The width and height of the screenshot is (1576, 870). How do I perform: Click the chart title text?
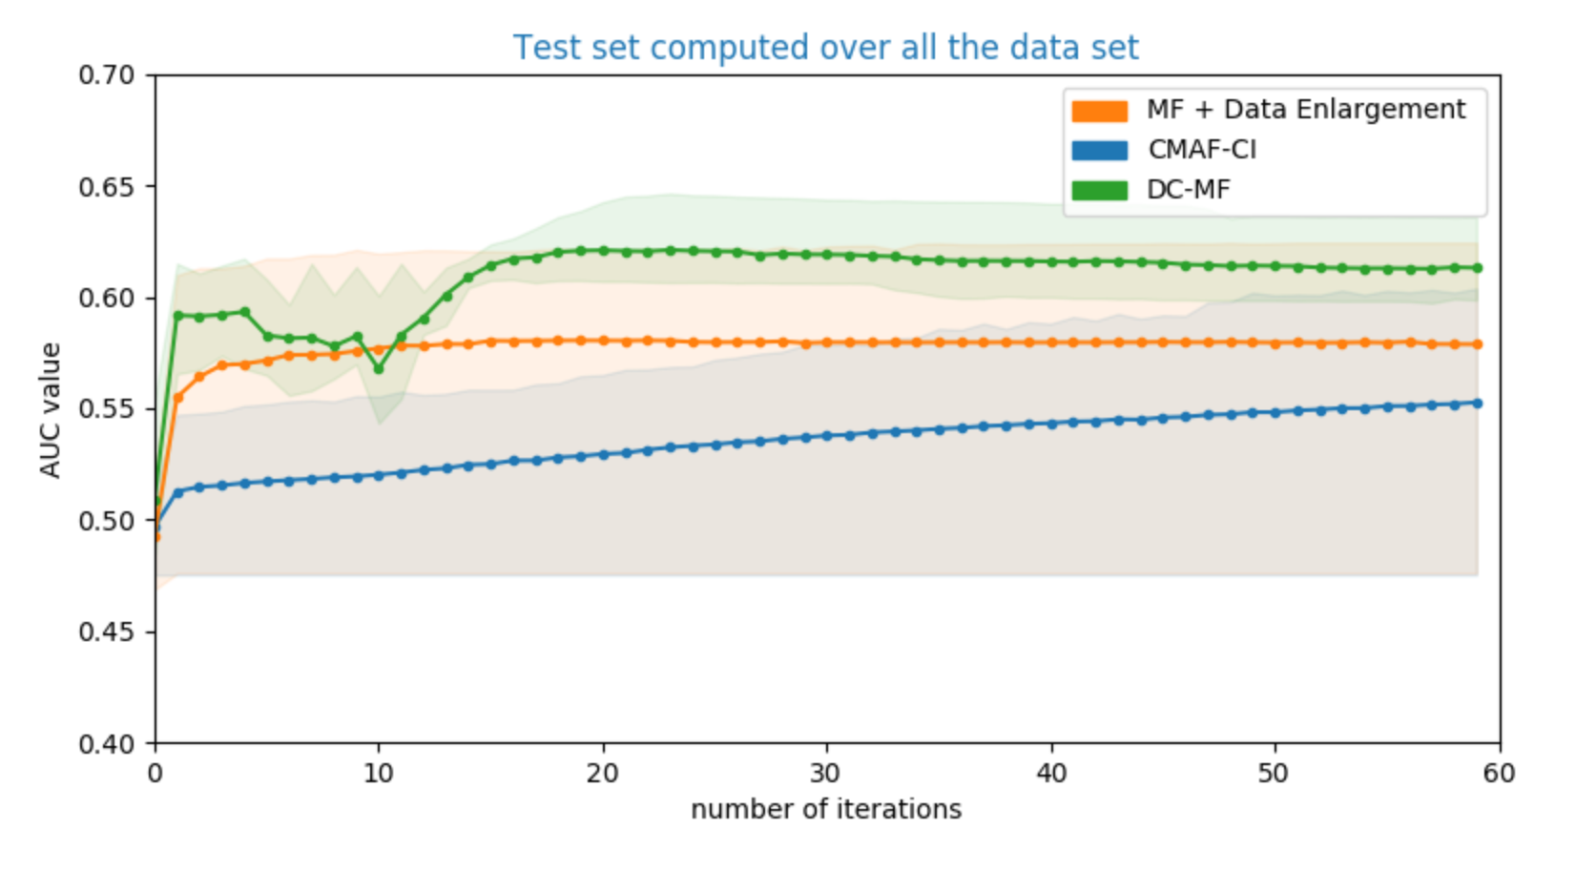[x=825, y=48]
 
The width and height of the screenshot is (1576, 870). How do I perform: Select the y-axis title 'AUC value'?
[x=51, y=409]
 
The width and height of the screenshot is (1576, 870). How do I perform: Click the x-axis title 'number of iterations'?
[x=825, y=809]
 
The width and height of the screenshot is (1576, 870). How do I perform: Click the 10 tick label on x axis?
[x=379, y=773]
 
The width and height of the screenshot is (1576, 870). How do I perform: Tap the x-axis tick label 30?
[x=826, y=773]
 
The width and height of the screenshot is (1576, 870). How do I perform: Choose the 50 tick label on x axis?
[x=1274, y=773]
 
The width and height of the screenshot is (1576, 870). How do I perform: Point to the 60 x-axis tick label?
[x=1498, y=773]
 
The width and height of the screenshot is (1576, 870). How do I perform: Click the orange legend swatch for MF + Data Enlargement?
[x=1099, y=111]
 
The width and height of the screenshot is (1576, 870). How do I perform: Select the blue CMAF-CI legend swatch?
[x=1099, y=151]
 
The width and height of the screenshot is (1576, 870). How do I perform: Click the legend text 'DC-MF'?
[x=1188, y=190]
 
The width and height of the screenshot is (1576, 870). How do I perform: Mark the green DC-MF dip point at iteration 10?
[x=379, y=368]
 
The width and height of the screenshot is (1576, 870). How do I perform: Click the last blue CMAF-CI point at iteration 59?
[x=1478, y=404]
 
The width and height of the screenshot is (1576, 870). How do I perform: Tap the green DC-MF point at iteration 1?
[x=177, y=315]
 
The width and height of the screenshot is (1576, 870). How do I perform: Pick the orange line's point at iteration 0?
[x=156, y=537]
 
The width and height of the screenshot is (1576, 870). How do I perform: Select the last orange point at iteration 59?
[x=1478, y=344]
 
